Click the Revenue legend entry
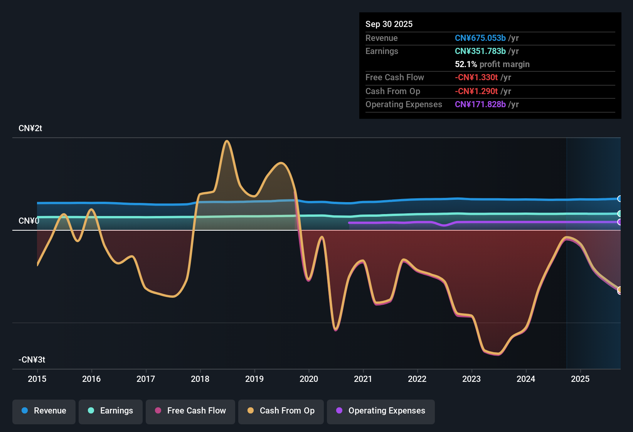click(x=44, y=411)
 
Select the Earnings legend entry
click(x=111, y=411)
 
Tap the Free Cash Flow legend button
click(x=190, y=411)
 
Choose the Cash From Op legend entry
click(x=281, y=411)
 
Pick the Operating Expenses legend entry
click(x=381, y=411)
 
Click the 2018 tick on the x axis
click(x=200, y=379)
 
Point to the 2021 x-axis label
click(x=363, y=379)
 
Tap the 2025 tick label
click(x=580, y=379)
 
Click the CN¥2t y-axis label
click(x=30, y=128)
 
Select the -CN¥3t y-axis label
click(x=32, y=360)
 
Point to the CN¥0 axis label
click(x=29, y=221)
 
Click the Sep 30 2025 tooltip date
click(x=389, y=24)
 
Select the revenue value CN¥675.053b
click(x=480, y=38)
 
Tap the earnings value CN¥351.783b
click(x=480, y=51)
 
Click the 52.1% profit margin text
click(x=492, y=64)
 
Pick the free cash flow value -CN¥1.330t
click(x=476, y=77)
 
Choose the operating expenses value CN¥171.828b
click(x=480, y=104)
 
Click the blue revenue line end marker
click(x=620, y=199)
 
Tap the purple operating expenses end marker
click(x=620, y=222)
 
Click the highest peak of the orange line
click(x=227, y=141)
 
